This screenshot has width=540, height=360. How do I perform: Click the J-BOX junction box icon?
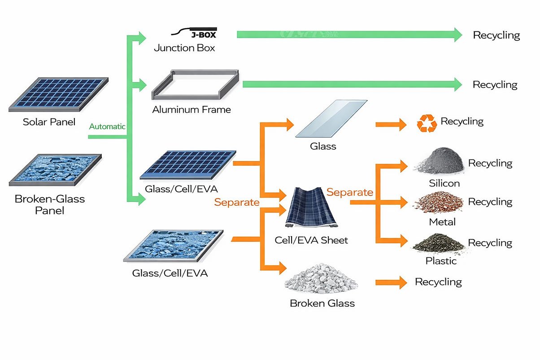point(197,34)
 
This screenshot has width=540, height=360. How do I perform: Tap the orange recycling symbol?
point(427,123)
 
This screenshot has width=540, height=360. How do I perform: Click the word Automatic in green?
point(107,126)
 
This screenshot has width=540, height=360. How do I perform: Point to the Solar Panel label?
point(49,122)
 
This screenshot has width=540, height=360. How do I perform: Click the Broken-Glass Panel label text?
point(49,204)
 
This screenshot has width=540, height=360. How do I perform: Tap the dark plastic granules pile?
point(438,243)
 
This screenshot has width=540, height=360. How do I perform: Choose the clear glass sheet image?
point(331,118)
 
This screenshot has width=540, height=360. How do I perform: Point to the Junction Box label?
point(184,48)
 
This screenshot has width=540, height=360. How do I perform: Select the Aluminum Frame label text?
point(192,109)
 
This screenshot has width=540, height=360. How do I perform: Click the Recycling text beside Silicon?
point(490,163)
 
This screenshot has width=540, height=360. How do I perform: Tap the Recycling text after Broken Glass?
point(438,282)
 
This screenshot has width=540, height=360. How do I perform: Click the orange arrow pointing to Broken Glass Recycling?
point(390,282)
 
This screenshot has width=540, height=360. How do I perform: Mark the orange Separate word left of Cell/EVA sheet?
point(236,202)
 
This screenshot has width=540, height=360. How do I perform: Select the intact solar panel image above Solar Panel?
point(58,94)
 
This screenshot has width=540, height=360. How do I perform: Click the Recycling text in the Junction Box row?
point(496,35)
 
